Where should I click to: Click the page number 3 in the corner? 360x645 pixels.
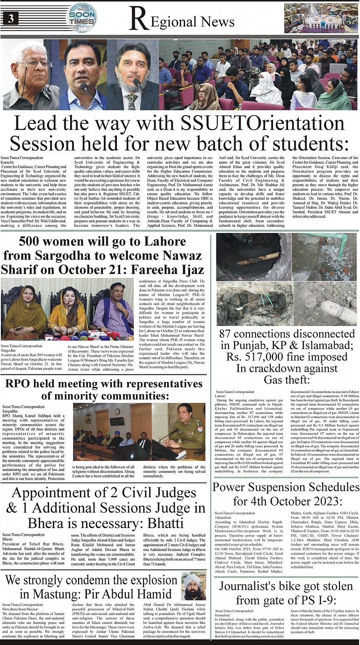click(10, 19)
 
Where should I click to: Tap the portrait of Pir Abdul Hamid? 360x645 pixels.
click(194, 587)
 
